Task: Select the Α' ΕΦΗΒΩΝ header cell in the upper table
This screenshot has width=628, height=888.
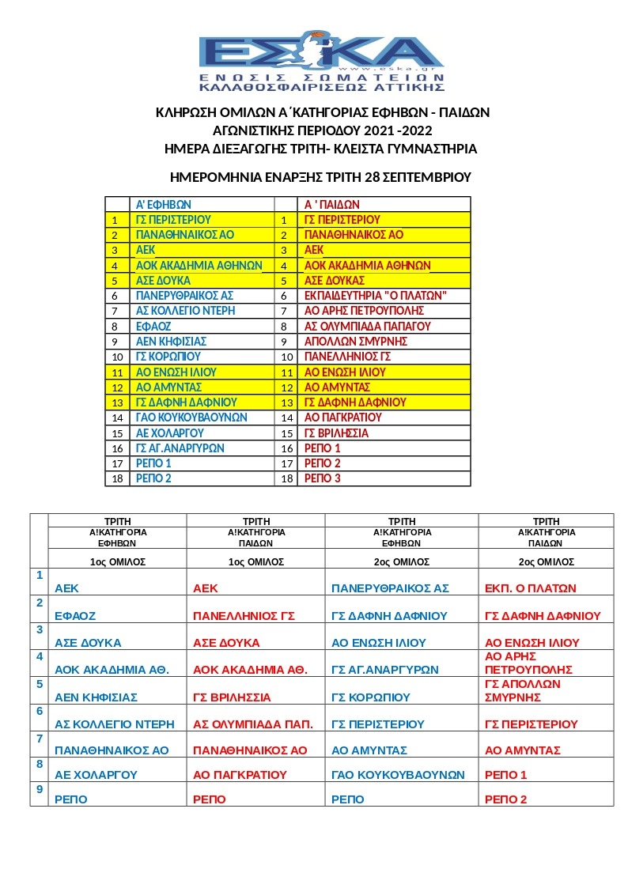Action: (163, 204)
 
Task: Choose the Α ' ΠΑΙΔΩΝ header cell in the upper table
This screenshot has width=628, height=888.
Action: (331, 204)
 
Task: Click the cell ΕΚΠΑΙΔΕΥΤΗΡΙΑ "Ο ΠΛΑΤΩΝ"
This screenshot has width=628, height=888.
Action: (376, 296)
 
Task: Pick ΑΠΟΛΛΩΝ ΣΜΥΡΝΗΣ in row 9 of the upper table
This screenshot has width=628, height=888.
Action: (355, 342)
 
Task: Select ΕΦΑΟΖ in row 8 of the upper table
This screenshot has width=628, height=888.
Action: (153, 326)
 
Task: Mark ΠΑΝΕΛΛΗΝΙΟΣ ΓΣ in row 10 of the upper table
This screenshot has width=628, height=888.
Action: (347, 357)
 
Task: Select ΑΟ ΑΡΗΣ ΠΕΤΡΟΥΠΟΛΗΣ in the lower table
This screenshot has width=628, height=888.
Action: (528, 663)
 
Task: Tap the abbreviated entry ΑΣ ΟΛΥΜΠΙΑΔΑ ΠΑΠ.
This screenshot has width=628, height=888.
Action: (253, 724)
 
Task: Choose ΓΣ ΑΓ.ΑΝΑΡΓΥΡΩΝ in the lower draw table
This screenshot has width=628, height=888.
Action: (384, 670)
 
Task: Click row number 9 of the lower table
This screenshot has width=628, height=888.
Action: (39, 789)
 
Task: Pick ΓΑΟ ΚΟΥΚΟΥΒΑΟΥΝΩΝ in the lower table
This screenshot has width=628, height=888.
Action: (398, 776)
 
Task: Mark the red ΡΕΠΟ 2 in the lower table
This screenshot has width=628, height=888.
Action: (505, 799)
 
